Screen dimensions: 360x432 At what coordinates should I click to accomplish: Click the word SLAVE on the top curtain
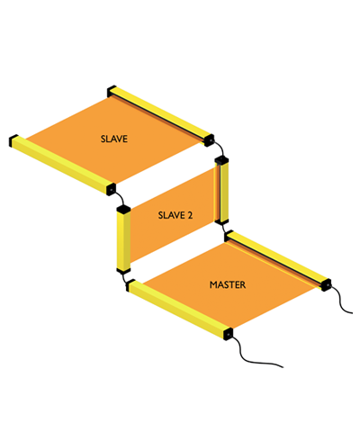click(114, 139)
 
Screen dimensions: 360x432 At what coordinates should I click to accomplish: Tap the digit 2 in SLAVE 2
click(189, 215)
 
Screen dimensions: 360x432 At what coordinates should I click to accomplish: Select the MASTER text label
click(228, 284)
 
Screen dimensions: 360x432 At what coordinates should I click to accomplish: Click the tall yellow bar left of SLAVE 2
click(123, 240)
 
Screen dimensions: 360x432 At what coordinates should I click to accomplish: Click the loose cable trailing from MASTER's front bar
click(255, 357)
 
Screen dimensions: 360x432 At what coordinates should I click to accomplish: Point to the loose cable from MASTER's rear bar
click(340, 301)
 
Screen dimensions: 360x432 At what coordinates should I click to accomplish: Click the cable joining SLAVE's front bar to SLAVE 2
click(121, 198)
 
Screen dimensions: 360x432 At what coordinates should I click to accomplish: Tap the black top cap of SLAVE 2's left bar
click(123, 209)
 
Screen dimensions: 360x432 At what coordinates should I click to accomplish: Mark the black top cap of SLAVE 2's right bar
click(222, 160)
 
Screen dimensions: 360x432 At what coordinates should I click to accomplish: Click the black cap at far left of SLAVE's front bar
click(13, 140)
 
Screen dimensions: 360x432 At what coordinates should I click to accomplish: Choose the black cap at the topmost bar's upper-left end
click(112, 91)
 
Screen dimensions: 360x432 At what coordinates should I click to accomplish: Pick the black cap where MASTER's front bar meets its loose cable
click(228, 334)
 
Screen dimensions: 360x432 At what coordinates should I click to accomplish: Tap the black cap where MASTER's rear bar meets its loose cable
click(326, 284)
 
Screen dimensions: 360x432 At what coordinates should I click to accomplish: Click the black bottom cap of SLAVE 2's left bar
click(123, 271)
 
